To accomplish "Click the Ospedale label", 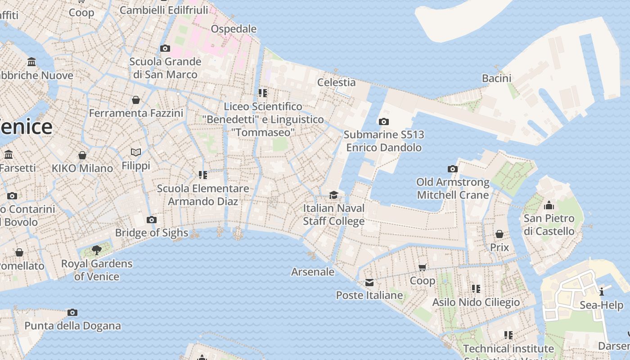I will [x=234, y=29].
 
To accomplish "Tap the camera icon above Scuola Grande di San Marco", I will [x=165, y=48].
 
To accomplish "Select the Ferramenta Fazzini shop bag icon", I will [x=136, y=100].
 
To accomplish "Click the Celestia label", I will [x=336, y=82].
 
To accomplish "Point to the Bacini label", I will [x=496, y=78].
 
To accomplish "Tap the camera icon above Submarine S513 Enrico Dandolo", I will [x=384, y=121].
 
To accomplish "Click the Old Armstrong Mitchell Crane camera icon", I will [x=453, y=169].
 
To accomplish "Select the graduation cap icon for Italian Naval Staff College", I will [x=333, y=195].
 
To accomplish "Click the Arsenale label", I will [x=313, y=272].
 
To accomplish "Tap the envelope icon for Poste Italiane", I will [x=369, y=283].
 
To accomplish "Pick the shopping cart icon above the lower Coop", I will [x=423, y=268].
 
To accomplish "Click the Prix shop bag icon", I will [x=499, y=234].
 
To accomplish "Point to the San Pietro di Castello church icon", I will [x=549, y=206].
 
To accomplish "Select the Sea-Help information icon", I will [x=602, y=292].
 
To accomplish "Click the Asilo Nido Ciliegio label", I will [x=476, y=302].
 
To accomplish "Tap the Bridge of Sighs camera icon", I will [x=152, y=220].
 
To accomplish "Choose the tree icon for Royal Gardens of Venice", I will [x=96, y=250].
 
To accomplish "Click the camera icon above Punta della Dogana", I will [x=72, y=312].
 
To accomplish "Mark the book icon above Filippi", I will [x=136, y=153].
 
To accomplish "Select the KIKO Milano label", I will [x=82, y=168].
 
